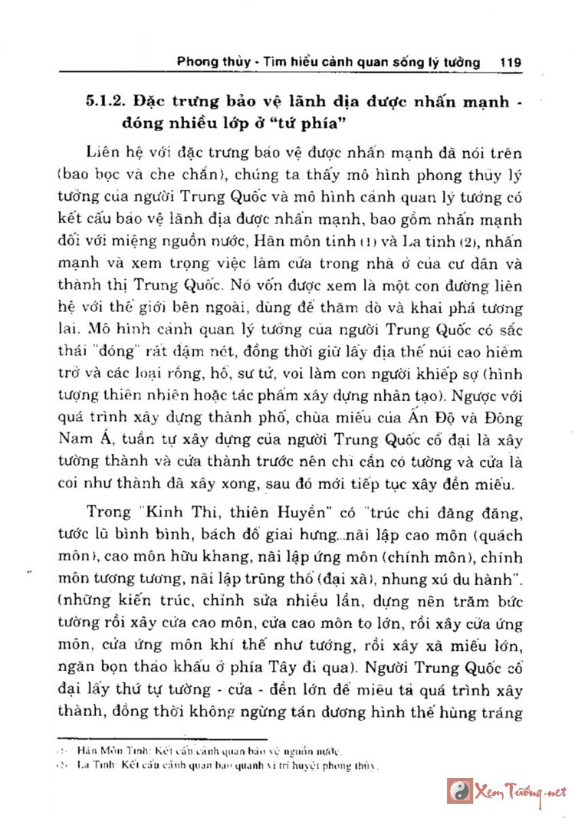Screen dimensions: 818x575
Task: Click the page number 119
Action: (510, 61)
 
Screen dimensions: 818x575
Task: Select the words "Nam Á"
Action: (78, 441)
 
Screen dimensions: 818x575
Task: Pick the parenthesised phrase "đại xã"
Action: (348, 574)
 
